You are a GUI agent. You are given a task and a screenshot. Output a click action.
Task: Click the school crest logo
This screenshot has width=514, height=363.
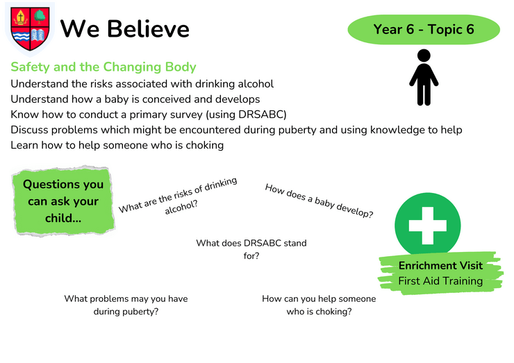tap(30, 29)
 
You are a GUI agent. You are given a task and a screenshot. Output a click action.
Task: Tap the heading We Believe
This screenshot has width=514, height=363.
tap(125, 29)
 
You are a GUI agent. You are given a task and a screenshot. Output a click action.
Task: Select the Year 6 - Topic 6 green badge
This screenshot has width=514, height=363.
tap(424, 29)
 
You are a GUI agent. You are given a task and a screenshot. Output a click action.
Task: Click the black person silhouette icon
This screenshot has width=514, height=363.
tap(424, 77)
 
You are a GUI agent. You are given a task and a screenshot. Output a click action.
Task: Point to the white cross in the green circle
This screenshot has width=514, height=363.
tap(428, 226)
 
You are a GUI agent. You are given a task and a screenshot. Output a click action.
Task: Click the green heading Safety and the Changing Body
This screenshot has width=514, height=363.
tap(103, 67)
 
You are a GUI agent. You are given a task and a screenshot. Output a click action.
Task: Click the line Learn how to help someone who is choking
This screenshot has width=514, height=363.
tap(117, 145)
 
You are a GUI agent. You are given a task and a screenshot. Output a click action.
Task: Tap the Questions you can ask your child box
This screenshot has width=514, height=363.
tap(63, 201)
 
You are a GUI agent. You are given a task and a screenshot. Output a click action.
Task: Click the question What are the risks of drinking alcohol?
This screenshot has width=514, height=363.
tap(179, 196)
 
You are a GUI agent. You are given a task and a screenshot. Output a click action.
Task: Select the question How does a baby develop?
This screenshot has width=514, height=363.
tap(319, 201)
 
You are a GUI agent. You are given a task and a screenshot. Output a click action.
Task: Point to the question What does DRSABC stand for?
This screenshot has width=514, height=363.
tap(251, 249)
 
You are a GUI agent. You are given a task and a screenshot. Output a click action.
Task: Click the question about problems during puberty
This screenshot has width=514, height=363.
tap(126, 305)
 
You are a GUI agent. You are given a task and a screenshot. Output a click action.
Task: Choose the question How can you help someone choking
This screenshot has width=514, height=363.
tap(319, 305)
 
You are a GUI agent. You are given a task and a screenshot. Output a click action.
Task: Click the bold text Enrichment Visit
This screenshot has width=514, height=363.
tap(440, 265)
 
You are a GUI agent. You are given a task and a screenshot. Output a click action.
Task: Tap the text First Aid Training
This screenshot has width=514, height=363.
tap(440, 281)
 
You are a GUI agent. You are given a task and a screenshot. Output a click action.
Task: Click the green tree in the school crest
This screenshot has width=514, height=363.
tap(40, 17)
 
